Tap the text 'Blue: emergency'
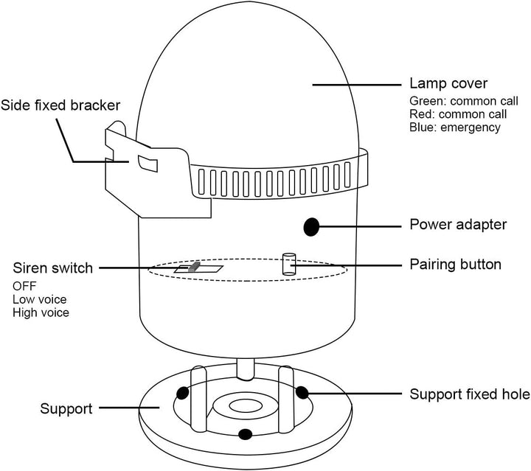tap(455, 128)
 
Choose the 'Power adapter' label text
tap(458, 224)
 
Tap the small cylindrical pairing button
tap(288, 264)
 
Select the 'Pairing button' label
tap(455, 264)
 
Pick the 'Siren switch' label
tap(53, 268)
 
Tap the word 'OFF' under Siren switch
tap(24, 286)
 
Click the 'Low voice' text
tap(39, 299)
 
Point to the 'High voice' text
tap(41, 313)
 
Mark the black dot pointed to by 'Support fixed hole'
tap(302, 391)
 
